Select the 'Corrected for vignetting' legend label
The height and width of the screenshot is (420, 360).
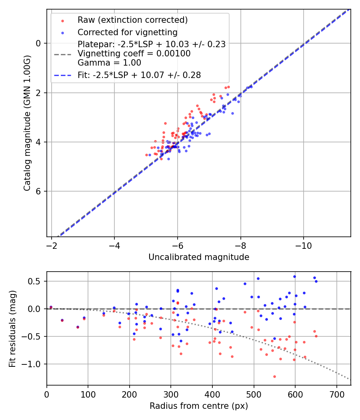click(x=128, y=32)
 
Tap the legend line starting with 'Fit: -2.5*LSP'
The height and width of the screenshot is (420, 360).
click(x=139, y=75)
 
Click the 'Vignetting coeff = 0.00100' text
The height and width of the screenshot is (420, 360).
click(x=134, y=54)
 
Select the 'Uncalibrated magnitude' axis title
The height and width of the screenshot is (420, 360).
click(x=199, y=257)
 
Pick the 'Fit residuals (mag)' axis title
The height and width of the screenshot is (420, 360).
click(x=12, y=328)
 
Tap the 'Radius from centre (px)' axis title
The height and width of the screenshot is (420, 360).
click(x=199, y=406)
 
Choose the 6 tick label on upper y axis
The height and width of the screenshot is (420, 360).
click(x=38, y=191)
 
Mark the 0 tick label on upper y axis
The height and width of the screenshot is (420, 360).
click(x=38, y=43)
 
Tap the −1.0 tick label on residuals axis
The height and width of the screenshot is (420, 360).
click(x=34, y=364)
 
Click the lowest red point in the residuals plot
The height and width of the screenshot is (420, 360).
click(x=274, y=376)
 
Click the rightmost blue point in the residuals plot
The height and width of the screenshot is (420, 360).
click(x=316, y=281)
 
